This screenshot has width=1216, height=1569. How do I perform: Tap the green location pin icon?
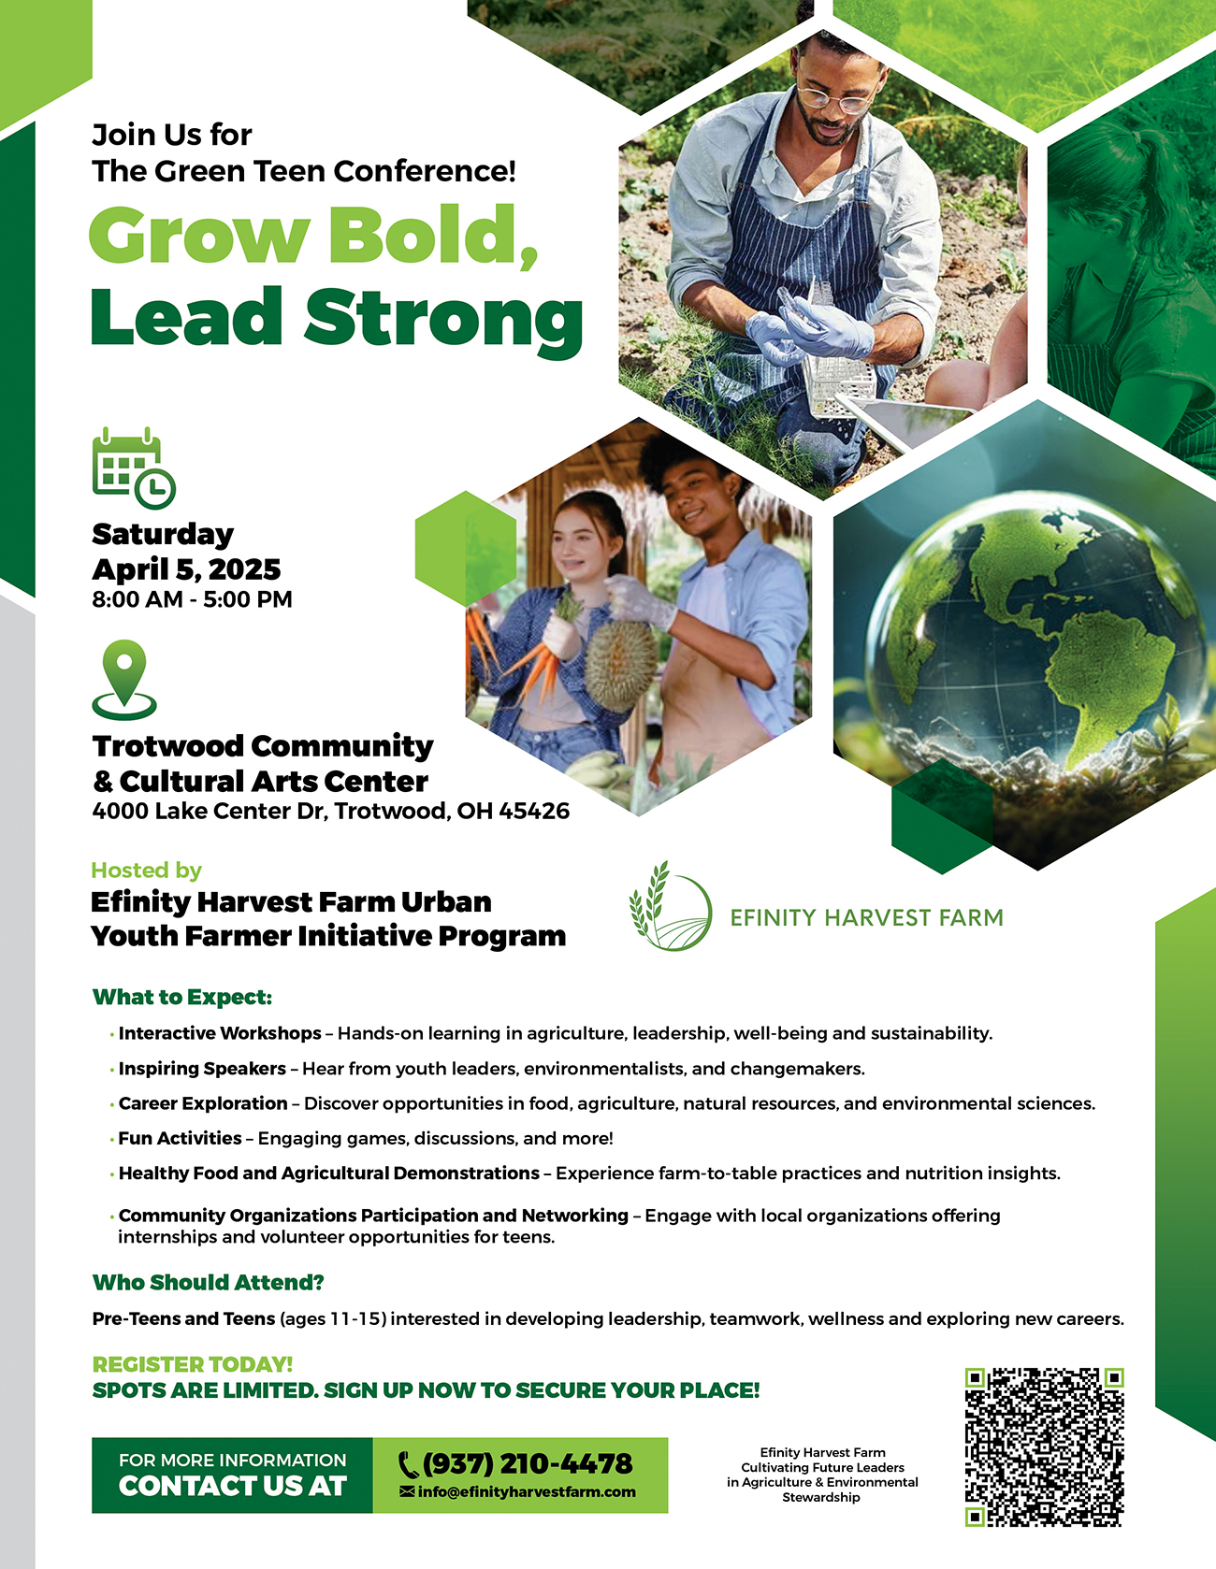coord(124,679)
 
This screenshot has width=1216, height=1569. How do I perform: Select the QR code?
coord(1044,1447)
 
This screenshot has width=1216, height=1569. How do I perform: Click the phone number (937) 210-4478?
coord(516,1463)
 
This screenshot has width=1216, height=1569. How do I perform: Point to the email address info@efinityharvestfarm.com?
coord(518,1492)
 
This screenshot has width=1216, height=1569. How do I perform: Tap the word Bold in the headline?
coord(433,235)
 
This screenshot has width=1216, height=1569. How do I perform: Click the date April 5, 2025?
coord(186,569)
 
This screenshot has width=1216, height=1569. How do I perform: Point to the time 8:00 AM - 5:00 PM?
coord(192,599)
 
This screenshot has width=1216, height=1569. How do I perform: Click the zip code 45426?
coord(534,811)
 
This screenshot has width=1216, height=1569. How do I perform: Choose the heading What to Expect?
coord(182,997)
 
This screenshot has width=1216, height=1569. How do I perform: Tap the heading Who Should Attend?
coord(209,1282)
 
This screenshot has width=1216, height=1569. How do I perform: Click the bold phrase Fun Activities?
coord(180,1138)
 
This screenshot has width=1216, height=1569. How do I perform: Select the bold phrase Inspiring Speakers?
coord(202,1069)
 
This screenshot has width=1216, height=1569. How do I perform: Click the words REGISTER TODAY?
coord(193,1364)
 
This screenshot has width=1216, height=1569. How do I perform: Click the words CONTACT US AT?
coord(233,1486)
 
